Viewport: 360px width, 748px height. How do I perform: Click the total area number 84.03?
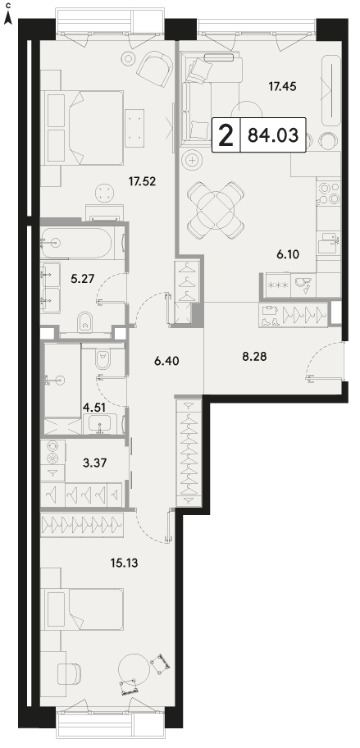tap(273, 135)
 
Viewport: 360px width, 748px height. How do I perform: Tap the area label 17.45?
tap(282, 86)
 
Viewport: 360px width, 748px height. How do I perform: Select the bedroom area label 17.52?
tap(143, 180)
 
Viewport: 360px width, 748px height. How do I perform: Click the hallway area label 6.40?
tap(166, 361)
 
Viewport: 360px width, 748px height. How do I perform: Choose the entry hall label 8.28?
tap(254, 356)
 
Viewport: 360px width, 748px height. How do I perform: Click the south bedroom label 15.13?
tap(124, 563)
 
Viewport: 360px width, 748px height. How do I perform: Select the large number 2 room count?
tap(226, 135)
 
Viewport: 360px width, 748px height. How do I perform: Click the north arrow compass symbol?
tap(8, 16)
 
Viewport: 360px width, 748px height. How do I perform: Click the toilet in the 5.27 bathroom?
tap(86, 322)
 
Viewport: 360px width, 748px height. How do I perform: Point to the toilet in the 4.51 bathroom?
tap(103, 358)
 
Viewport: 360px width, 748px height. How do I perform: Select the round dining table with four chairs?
tap(216, 209)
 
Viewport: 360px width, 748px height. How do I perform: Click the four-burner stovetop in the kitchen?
tap(329, 192)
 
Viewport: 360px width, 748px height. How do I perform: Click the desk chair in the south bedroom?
tap(69, 674)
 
